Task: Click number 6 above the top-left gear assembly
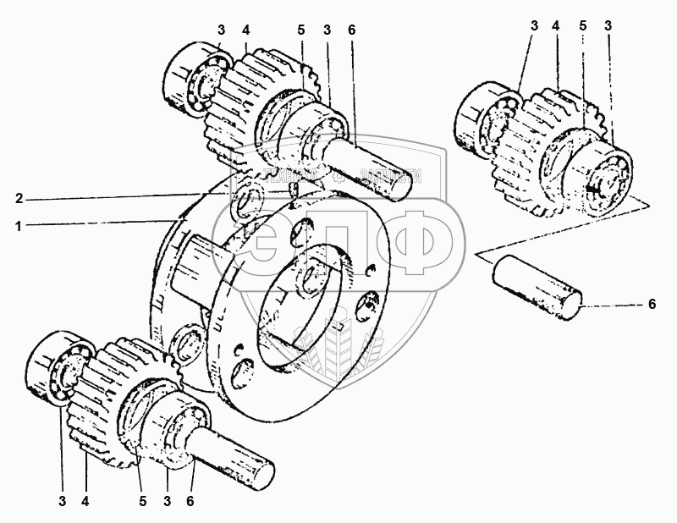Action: click(351, 31)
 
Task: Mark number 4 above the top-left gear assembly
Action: click(245, 31)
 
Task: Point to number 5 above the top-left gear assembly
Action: click(300, 31)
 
